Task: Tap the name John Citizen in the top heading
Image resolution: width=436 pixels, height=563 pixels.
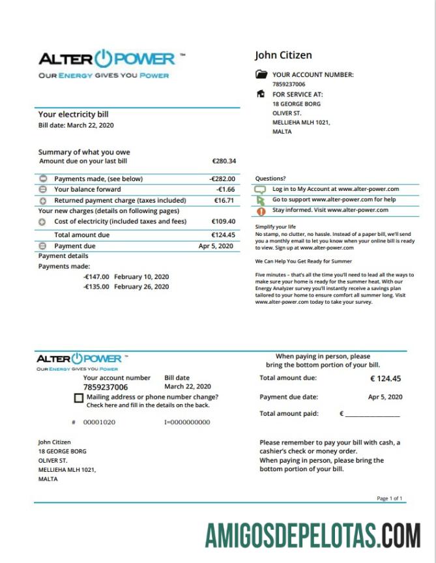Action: point(283,55)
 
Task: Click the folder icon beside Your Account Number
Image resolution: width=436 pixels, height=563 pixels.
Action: point(261,75)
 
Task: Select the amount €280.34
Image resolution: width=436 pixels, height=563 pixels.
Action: point(224,161)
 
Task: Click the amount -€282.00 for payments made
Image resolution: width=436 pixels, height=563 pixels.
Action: point(222,179)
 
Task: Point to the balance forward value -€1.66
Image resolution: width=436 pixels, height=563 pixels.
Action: point(225,190)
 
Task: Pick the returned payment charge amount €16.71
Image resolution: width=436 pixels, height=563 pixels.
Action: point(224,201)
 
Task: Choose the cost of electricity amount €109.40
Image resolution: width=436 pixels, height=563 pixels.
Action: point(224,222)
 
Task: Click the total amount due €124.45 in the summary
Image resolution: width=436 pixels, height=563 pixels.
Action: point(223,235)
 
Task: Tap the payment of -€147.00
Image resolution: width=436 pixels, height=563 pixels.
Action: point(96,276)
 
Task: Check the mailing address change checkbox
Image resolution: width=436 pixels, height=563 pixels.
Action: point(79,397)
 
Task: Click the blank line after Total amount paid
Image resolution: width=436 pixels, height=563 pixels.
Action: point(372,414)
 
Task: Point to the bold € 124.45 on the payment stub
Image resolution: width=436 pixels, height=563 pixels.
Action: point(386,379)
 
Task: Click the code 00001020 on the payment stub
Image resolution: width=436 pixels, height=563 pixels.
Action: point(99,422)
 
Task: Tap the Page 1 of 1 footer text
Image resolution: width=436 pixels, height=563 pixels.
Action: point(390,498)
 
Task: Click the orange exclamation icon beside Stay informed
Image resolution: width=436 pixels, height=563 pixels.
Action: point(261,211)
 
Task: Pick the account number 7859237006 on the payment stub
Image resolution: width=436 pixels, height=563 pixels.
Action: point(106,387)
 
